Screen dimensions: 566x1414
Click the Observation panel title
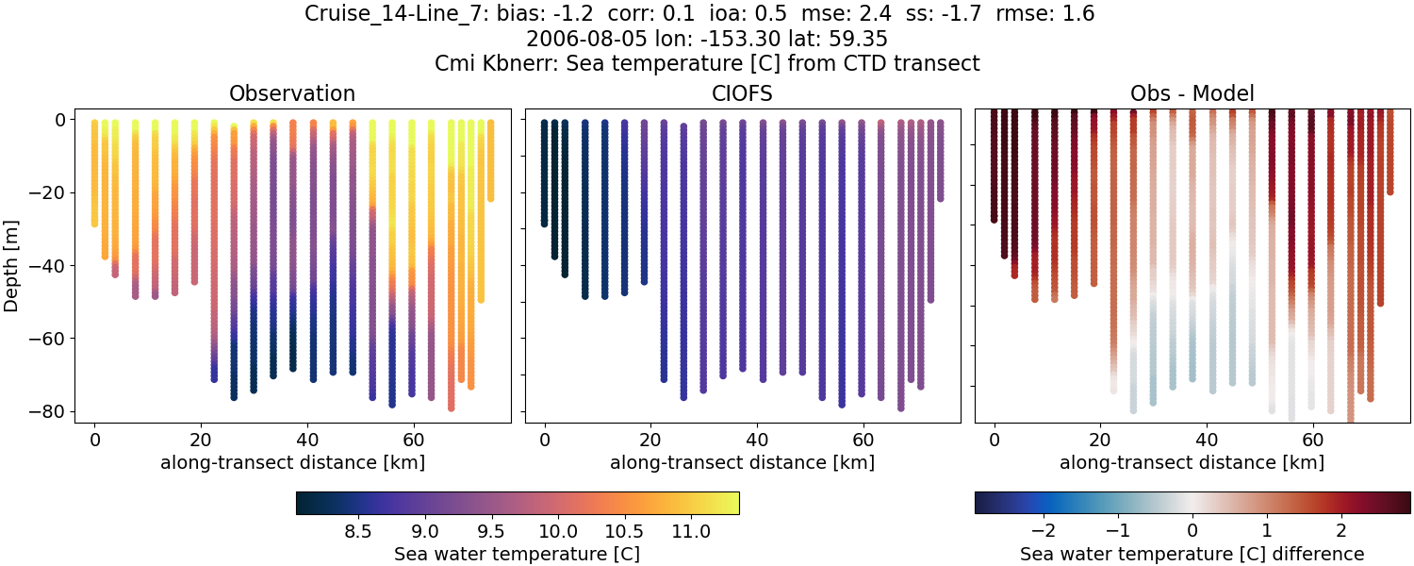pyautogui.click(x=292, y=93)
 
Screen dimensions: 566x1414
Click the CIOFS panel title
pyautogui.click(x=742, y=93)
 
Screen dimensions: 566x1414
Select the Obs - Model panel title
pyautogui.click(x=1192, y=93)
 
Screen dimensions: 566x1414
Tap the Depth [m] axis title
pyautogui.click(x=12, y=265)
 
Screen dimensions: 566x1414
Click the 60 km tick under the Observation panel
pyautogui.click(x=413, y=440)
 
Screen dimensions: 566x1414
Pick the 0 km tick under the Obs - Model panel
pyautogui.click(x=995, y=440)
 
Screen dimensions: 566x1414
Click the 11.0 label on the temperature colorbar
pyautogui.click(x=691, y=532)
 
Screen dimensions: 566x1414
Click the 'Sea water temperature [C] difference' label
pyautogui.click(x=1192, y=554)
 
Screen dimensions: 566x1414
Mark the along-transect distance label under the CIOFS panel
pyautogui.click(x=742, y=462)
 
